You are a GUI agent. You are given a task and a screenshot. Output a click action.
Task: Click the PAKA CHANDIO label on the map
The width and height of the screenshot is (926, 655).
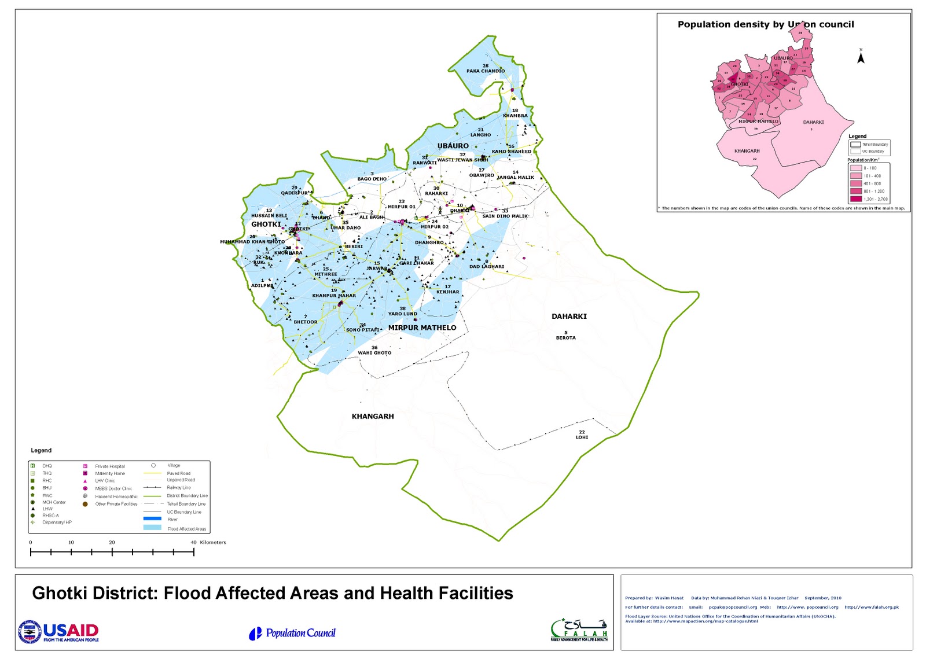click(486, 71)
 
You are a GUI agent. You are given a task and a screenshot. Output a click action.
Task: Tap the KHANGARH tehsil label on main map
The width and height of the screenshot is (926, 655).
click(373, 416)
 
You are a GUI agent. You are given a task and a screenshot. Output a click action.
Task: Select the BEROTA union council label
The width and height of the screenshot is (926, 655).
click(565, 337)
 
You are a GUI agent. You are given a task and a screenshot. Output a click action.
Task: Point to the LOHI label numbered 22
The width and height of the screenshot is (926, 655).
click(582, 437)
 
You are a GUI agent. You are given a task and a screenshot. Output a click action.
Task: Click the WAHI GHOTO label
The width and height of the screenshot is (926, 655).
click(374, 352)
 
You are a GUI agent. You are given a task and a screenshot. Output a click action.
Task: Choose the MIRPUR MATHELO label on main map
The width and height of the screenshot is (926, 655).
click(422, 327)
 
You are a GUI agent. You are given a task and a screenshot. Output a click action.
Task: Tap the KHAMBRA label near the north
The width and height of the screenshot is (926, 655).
click(515, 115)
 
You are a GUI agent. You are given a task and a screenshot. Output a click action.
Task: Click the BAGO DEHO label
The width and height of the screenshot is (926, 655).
click(372, 179)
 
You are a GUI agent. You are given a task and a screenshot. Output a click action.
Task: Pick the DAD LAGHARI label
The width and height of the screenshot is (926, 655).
click(486, 267)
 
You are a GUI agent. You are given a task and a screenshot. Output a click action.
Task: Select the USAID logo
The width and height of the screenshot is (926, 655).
click(58, 632)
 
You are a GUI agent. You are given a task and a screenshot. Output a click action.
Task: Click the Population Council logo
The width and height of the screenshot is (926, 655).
click(292, 634)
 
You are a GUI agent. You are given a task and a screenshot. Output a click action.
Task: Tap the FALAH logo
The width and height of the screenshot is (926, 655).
click(579, 630)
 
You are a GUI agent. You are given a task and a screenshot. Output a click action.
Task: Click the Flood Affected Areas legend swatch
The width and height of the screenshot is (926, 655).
click(152, 528)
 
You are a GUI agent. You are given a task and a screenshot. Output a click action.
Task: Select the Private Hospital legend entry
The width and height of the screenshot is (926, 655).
click(109, 466)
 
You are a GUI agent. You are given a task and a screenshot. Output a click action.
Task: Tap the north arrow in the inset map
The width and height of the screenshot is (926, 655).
click(861, 58)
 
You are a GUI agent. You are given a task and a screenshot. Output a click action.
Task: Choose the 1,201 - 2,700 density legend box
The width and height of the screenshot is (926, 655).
click(856, 199)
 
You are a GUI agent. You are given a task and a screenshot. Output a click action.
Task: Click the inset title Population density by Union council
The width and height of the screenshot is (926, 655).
click(765, 24)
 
